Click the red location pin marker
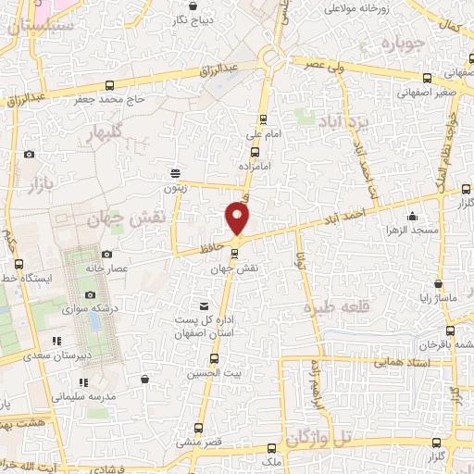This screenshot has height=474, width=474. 238,218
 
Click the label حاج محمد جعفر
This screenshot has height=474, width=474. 123,98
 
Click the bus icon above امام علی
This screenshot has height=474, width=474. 264,118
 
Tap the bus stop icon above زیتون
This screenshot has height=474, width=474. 175,173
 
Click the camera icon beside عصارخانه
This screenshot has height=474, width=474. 106,254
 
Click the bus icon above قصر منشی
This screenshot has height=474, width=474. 198,428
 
